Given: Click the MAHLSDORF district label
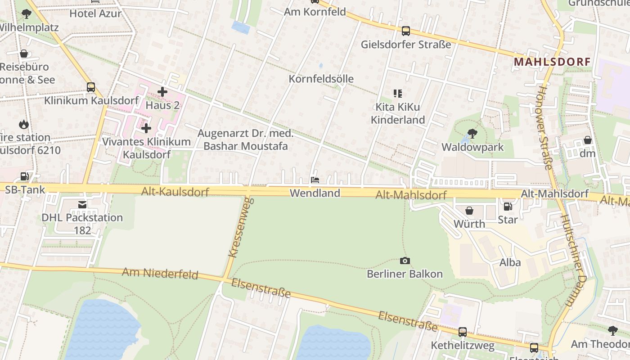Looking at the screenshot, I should click(552, 62).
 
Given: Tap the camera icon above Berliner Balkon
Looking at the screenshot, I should click(405, 261).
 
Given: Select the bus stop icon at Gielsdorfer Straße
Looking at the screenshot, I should click(406, 31).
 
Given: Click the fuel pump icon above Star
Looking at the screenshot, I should click(508, 207).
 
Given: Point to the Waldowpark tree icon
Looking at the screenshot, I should click(472, 133).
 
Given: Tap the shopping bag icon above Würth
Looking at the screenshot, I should click(469, 211).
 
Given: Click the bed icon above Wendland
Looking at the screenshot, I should click(315, 180).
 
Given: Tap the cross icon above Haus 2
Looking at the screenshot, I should click(162, 92).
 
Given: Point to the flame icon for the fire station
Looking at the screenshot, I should click(24, 124).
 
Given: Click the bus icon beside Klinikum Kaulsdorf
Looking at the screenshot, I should click(91, 87).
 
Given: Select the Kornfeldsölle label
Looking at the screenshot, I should click(321, 79).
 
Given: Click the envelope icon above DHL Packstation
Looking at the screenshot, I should click(82, 205).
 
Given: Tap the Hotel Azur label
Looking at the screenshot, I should click(95, 13).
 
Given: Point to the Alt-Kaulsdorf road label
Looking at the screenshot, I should click(175, 192).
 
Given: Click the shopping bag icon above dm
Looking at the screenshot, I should click(588, 140).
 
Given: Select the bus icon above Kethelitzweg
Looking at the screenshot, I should click(462, 332).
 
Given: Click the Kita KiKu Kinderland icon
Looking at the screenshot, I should click(397, 94).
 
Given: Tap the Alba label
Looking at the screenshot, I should click(510, 262).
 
